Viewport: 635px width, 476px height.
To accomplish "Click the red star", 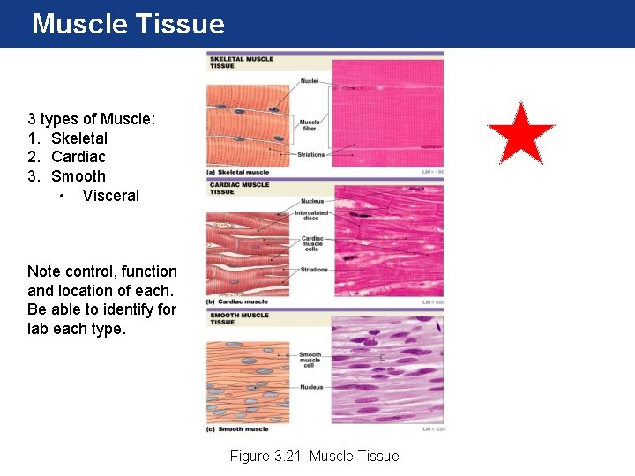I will [x=520, y=135].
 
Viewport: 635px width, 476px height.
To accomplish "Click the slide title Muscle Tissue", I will [x=128, y=24].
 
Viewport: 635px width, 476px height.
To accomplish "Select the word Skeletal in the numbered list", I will [x=79, y=138].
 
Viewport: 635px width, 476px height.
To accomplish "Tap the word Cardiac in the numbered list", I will [x=78, y=157].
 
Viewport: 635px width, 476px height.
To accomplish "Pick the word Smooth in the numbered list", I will [x=78, y=176].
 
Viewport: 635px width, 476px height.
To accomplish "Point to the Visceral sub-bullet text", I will [x=110, y=196].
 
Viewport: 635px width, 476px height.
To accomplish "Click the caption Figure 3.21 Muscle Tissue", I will [x=314, y=456].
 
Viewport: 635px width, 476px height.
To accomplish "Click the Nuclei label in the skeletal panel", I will [x=310, y=81].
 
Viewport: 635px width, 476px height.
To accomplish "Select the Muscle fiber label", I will [x=310, y=125].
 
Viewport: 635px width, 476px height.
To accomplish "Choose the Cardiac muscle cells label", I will [x=311, y=244].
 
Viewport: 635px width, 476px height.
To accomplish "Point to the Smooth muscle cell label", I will [x=310, y=359].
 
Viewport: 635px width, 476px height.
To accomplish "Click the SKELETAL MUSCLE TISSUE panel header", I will [x=240, y=63].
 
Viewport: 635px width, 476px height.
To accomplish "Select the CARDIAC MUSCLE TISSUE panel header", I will [x=239, y=188].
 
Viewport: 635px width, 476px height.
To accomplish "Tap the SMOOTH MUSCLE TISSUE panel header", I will [x=239, y=318].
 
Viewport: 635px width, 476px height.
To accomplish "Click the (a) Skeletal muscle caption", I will [x=238, y=172].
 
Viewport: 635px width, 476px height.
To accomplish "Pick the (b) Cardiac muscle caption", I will [x=237, y=302].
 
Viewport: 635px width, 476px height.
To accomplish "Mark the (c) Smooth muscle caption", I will [x=237, y=429].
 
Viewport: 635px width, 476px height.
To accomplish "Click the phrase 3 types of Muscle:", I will [x=92, y=119].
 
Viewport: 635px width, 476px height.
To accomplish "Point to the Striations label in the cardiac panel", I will [x=313, y=270].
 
